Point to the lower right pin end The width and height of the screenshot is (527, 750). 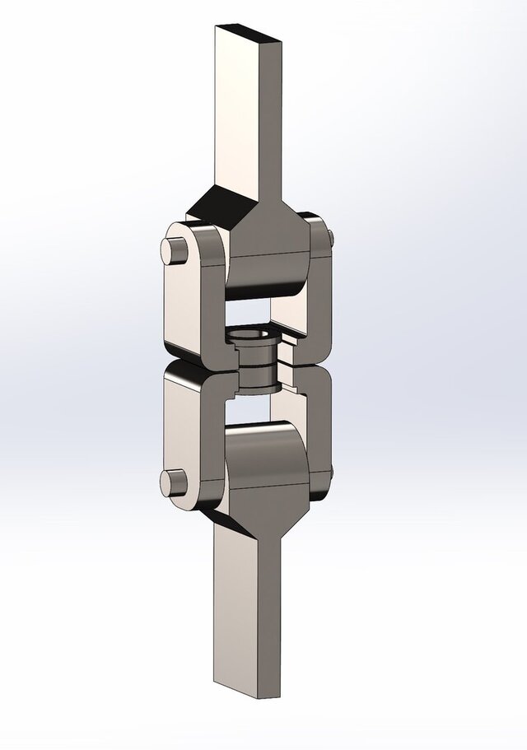pyautogui.click(x=330, y=473)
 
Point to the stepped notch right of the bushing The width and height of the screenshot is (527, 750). pyautogui.click(x=287, y=370)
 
